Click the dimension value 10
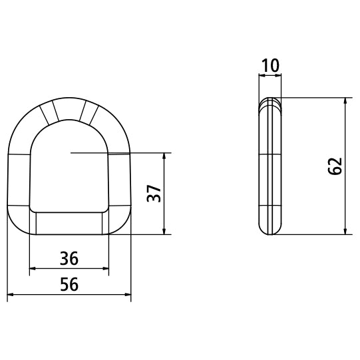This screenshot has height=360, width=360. click(270, 66)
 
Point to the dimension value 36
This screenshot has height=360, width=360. click(69, 258)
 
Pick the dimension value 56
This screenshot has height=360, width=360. click(69, 284)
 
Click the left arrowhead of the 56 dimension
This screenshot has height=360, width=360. click(11, 295)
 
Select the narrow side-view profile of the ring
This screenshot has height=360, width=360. click(270, 166)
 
